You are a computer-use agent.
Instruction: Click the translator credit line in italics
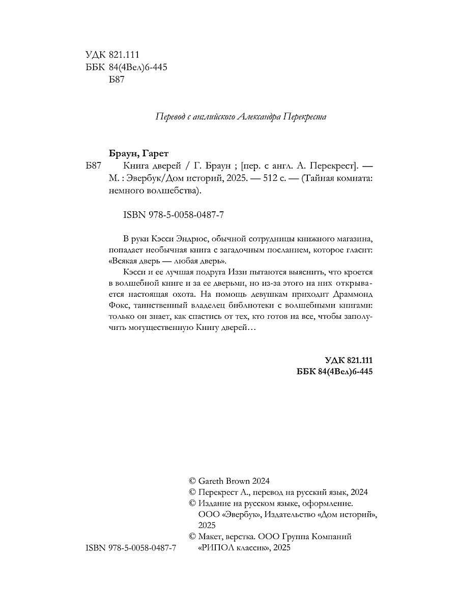pos(240,117)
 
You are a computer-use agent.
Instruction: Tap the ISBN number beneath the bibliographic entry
pos(174,215)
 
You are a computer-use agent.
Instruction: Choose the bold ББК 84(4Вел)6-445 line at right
pos(335,372)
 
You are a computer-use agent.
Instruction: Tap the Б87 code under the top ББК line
pos(117,79)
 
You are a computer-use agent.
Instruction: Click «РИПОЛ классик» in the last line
pos(233,547)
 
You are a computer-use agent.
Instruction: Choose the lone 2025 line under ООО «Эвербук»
pos(207,525)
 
